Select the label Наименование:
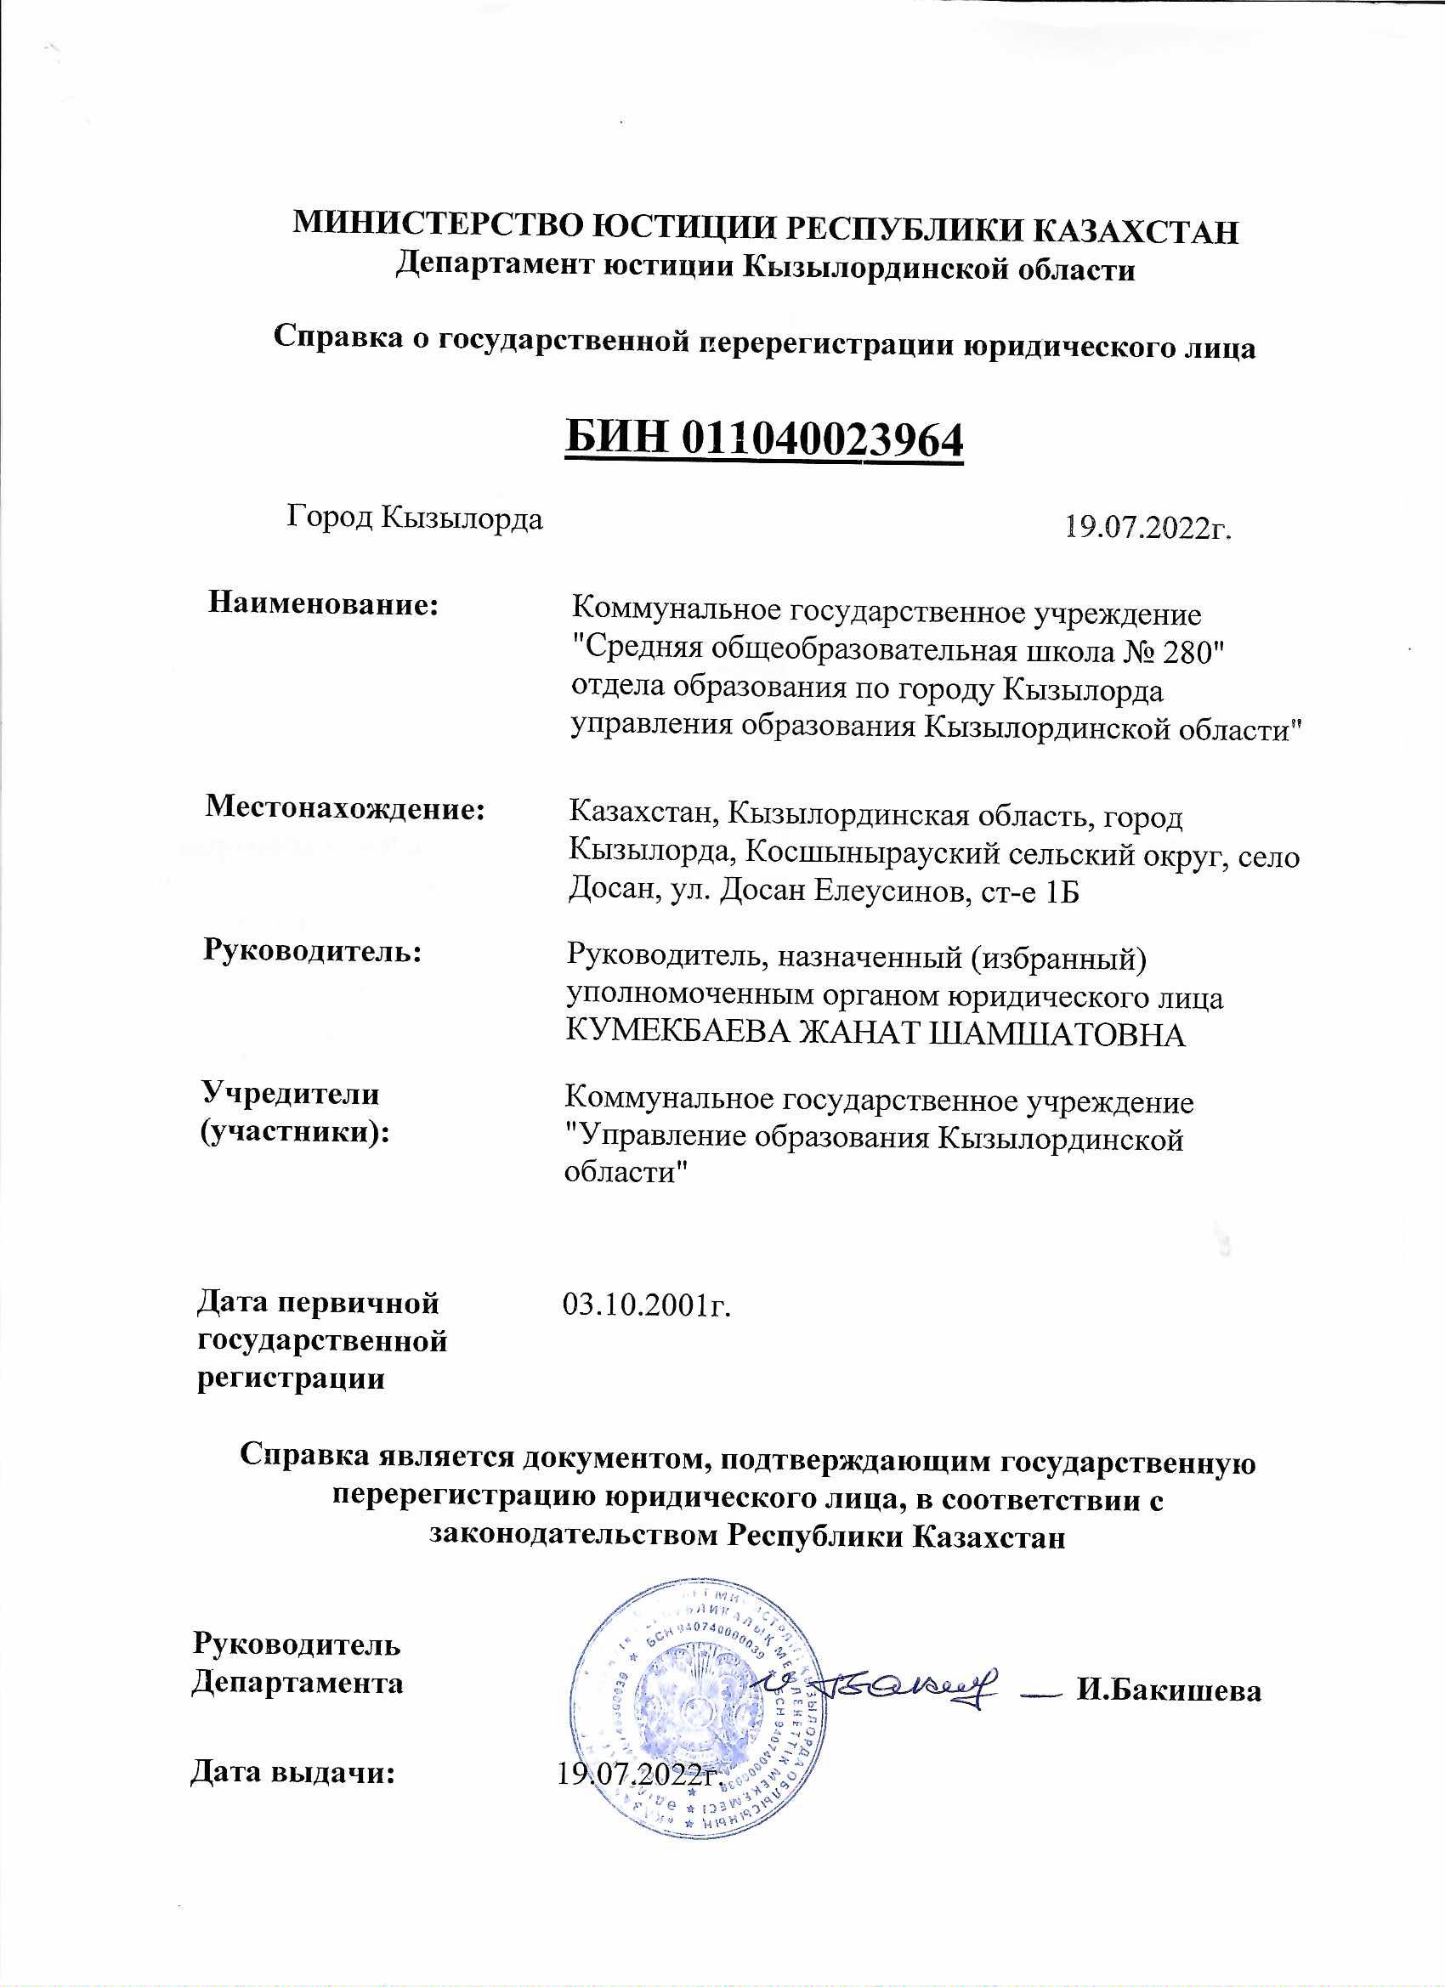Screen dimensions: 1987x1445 (x=323, y=603)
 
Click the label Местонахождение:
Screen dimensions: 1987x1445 (x=345, y=807)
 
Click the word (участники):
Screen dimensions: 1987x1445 (x=295, y=1133)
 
